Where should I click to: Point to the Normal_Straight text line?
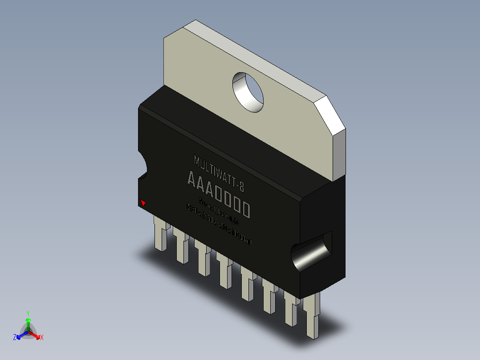220,213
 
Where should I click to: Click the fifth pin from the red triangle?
246,284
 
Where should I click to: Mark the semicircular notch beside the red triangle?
144,168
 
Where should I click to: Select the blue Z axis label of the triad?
15,337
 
